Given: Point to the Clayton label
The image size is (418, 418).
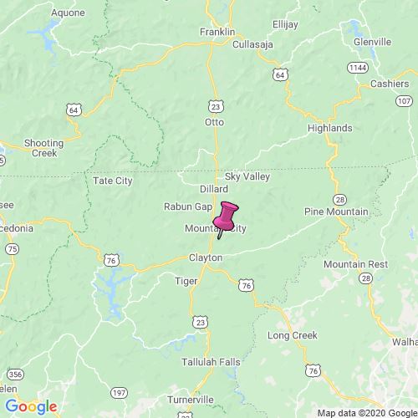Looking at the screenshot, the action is (x=205, y=258).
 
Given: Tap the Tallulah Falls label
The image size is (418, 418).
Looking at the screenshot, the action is (x=208, y=363).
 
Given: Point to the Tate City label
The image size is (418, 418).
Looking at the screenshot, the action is (x=112, y=181).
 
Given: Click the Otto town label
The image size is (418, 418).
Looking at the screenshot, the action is (x=215, y=122).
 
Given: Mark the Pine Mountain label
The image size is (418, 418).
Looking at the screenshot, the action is (x=335, y=212).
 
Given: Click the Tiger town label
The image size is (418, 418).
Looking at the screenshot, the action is (x=186, y=281).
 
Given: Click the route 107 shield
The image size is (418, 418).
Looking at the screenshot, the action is (x=400, y=100).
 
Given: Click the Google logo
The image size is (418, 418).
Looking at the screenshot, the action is (x=30, y=406).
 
